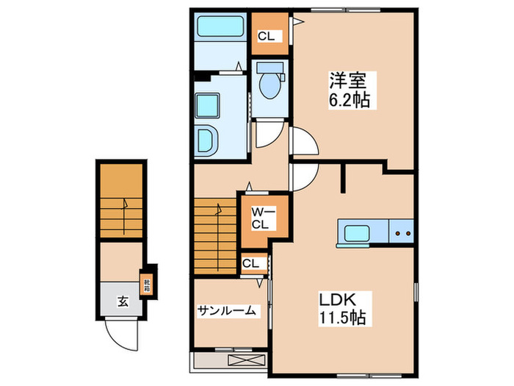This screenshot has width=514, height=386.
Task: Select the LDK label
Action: point(336,299)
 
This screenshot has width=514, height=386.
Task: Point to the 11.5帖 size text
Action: point(342,318)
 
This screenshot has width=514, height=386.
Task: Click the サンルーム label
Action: point(227,311)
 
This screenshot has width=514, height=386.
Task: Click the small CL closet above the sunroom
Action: point(250,264)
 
